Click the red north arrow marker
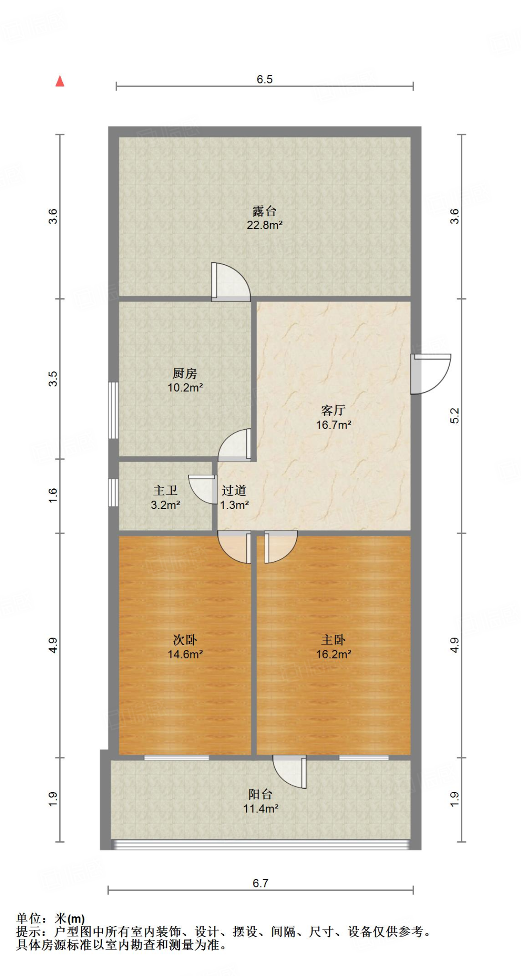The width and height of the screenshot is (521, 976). pyautogui.click(x=60, y=81)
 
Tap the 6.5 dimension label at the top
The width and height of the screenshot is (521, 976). pyautogui.click(x=265, y=80)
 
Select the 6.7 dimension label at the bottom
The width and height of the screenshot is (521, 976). pyautogui.click(x=260, y=883)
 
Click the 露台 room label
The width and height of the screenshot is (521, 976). pyautogui.click(x=265, y=211)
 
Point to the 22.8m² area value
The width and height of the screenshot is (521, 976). pyautogui.click(x=265, y=225)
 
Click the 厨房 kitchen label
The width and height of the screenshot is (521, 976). pyautogui.click(x=185, y=373)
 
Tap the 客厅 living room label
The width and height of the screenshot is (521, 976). pyautogui.click(x=334, y=410)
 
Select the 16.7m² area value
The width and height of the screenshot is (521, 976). pyautogui.click(x=334, y=425)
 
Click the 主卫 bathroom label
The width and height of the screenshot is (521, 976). pyautogui.click(x=165, y=490)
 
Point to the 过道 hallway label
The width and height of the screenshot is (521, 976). pyautogui.click(x=234, y=490)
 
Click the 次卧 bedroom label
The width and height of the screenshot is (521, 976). pyautogui.click(x=185, y=640)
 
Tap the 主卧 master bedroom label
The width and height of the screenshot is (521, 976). pyautogui.click(x=334, y=640)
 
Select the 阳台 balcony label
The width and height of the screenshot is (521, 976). pyautogui.click(x=260, y=794)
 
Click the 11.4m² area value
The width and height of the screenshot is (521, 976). pyautogui.click(x=260, y=809)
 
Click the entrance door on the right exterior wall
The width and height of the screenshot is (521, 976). pyautogui.click(x=429, y=374)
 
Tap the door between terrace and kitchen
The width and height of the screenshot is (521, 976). pyautogui.click(x=230, y=283)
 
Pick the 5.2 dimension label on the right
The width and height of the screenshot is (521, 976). pyautogui.click(x=455, y=416)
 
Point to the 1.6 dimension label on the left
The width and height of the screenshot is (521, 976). pyautogui.click(x=53, y=495)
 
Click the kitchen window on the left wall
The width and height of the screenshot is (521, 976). pyautogui.click(x=113, y=410)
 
